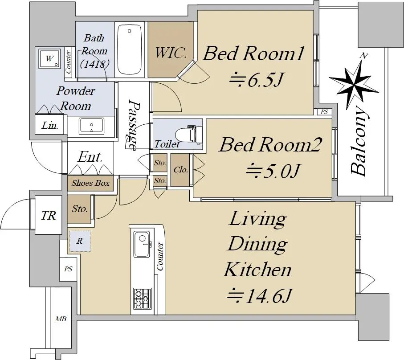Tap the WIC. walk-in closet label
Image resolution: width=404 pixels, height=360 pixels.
point(171,53)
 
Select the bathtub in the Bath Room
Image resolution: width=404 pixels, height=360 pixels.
point(129,49)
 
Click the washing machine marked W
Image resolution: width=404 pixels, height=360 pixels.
point(50,59)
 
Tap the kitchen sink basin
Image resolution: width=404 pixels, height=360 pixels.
point(142,244)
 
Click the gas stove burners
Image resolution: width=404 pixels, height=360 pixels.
point(142,299)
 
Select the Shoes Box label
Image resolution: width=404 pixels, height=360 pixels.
point(90,183)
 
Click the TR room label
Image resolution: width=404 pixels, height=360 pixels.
point(49,215)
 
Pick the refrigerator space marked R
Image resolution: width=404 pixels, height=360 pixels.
point(80,241)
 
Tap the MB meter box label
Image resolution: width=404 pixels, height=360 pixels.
point(61,319)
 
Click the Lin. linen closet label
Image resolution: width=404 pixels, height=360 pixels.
point(50,126)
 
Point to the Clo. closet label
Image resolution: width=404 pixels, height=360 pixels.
point(180,170)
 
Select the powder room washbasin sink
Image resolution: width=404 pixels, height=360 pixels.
point(91,126)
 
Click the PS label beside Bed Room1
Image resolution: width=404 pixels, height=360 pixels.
point(324,112)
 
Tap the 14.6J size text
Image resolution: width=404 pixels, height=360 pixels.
point(260,295)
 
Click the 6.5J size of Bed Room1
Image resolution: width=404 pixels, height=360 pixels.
point(257,79)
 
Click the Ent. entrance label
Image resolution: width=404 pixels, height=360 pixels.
point(90,157)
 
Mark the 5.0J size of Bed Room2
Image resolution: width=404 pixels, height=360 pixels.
point(273,170)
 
